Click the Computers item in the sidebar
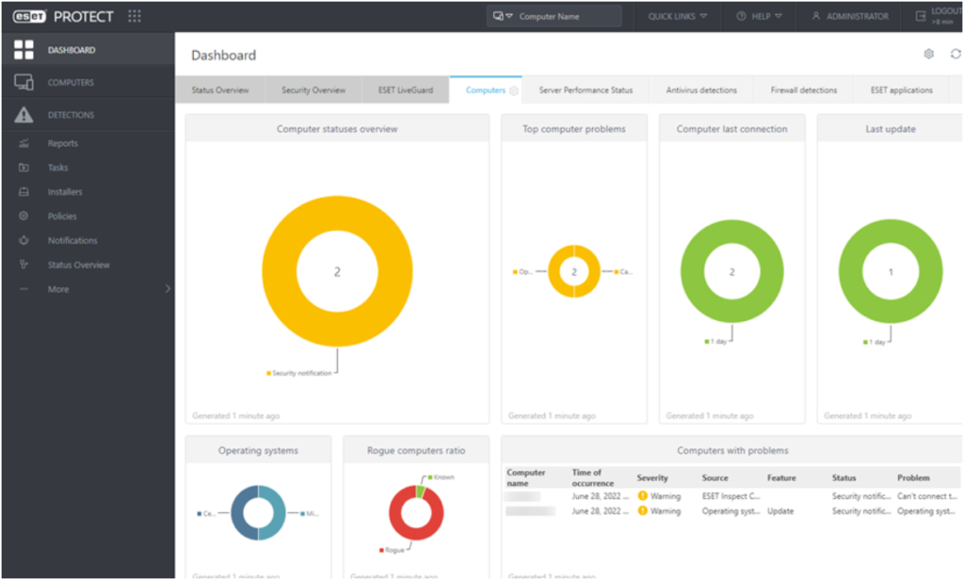(x=71, y=83)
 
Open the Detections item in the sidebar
(x=71, y=115)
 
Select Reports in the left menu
(x=62, y=143)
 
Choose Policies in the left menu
(x=62, y=217)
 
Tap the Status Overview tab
(x=220, y=90)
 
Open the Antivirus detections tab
(x=701, y=90)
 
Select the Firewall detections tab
(x=803, y=90)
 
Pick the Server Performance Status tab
(x=586, y=90)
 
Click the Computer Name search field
(x=565, y=16)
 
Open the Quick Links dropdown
(x=677, y=16)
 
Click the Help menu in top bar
(x=760, y=16)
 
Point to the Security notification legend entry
(x=301, y=373)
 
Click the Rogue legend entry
(x=394, y=549)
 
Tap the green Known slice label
(x=443, y=477)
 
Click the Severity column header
(x=652, y=478)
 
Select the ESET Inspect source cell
(x=731, y=495)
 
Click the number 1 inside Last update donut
(x=891, y=271)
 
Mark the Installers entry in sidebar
(x=65, y=192)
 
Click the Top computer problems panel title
(x=573, y=129)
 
